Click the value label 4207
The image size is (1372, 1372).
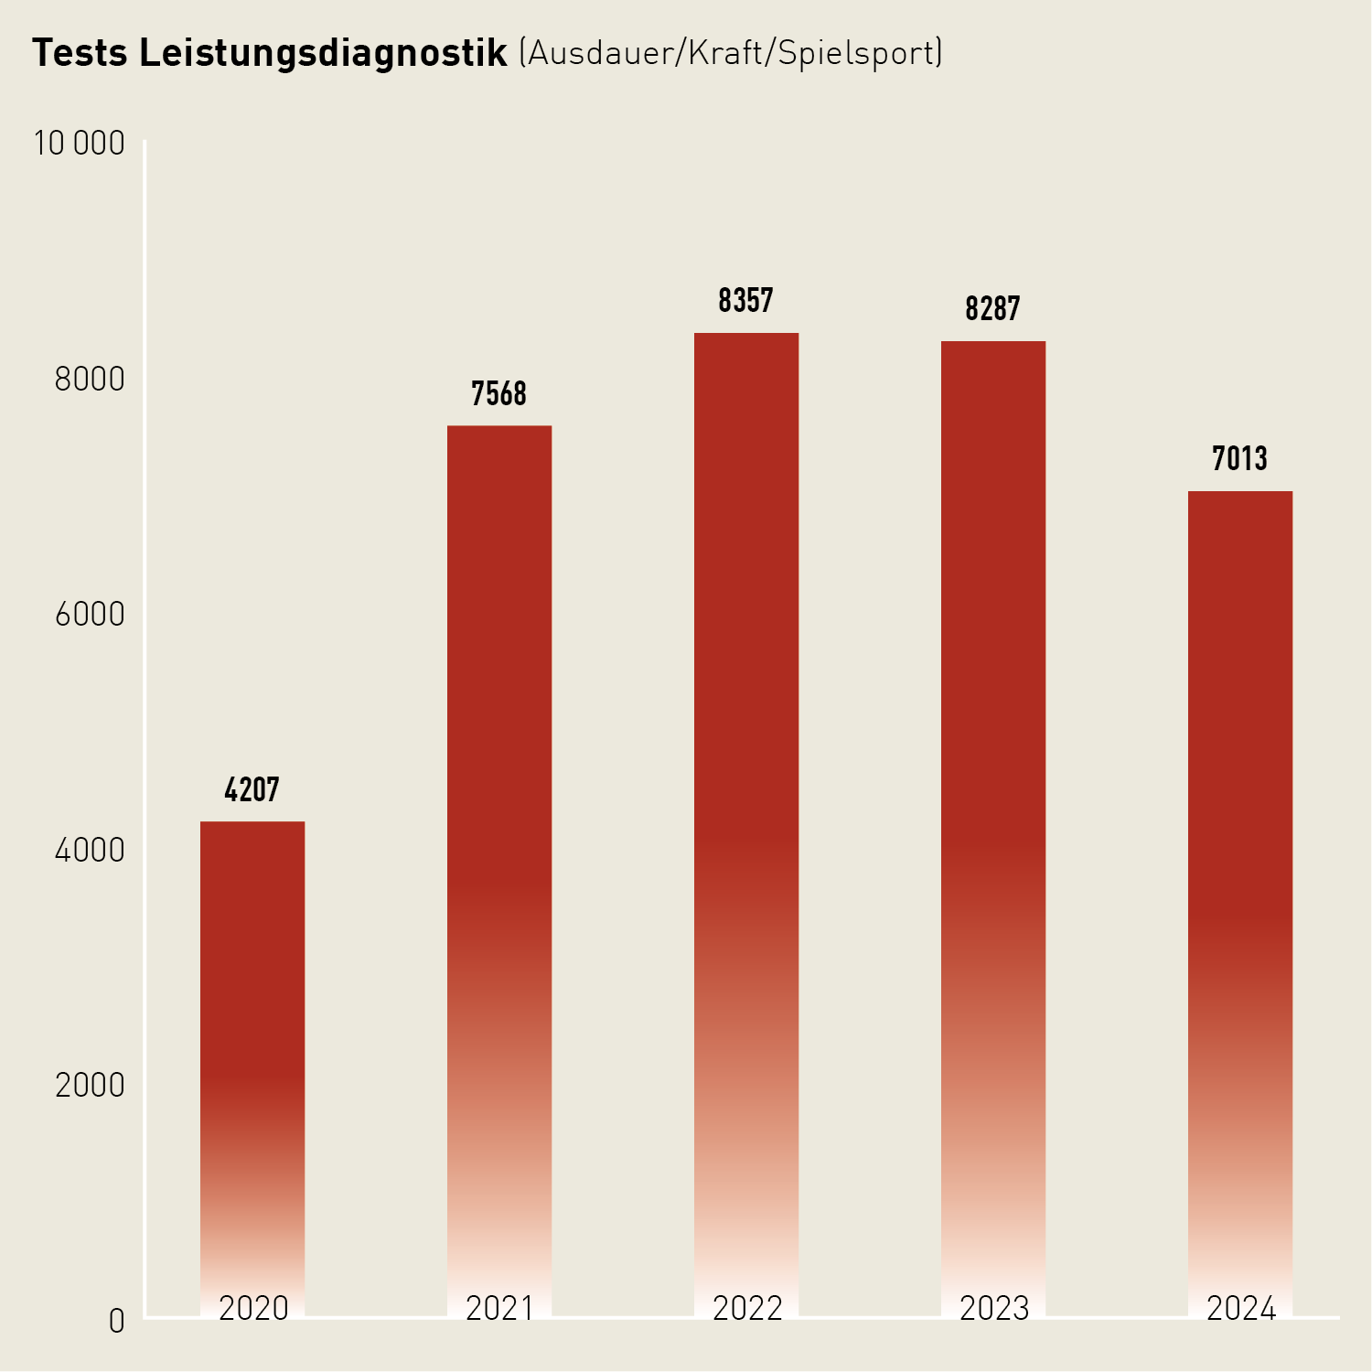[x=252, y=789]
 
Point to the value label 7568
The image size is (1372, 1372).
[x=499, y=394]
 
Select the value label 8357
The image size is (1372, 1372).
[x=746, y=301]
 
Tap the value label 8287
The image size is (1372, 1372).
[x=993, y=309]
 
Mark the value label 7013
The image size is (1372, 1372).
[x=1240, y=458]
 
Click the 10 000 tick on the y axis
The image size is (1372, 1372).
[x=80, y=144]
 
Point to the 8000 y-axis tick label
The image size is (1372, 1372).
[x=90, y=379]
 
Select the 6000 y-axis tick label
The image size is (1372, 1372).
[x=90, y=615]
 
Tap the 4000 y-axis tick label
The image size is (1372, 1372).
[x=90, y=850]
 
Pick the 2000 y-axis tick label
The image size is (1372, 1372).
[x=90, y=1086]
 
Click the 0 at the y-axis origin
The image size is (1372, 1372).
[x=116, y=1321]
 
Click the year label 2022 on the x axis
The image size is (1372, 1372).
[x=747, y=1309]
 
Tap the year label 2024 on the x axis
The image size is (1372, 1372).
[x=1241, y=1309]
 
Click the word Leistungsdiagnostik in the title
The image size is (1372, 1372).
[x=324, y=54]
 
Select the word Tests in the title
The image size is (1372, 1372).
[x=80, y=53]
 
